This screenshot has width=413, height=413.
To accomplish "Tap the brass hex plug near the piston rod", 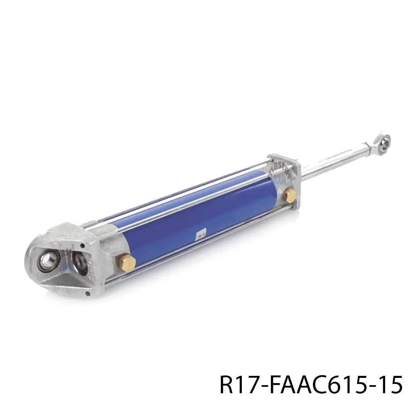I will (289, 195).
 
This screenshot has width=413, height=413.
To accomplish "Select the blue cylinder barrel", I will (202, 218).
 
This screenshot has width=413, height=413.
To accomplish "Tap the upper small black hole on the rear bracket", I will (82, 246).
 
